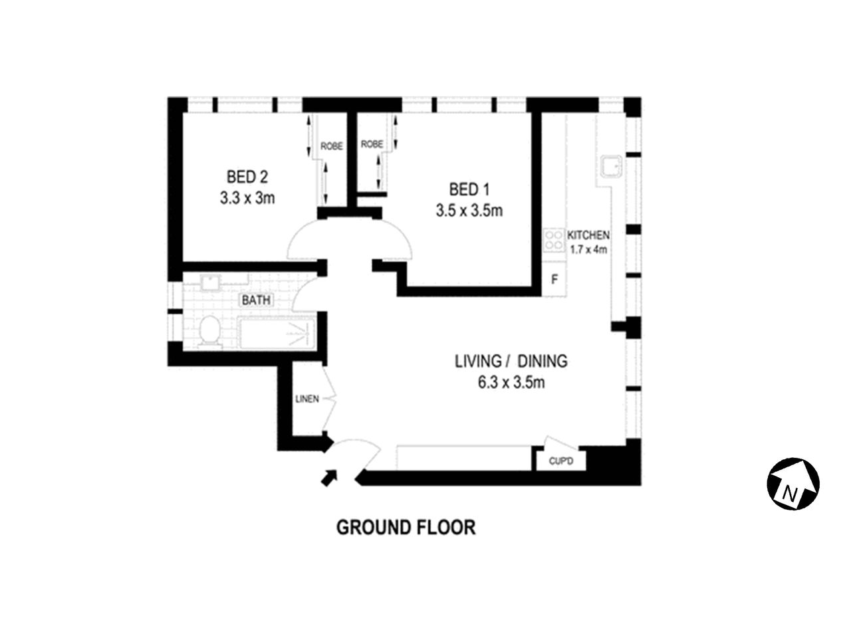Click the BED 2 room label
tap(247, 177)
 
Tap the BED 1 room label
tap(469, 190)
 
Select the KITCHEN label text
tap(588, 235)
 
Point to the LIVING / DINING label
tap(511, 362)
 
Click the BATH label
tap(256, 300)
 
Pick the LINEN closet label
tap(307, 399)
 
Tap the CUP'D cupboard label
tap(560, 461)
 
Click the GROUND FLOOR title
tap(406, 528)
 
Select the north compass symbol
tap(792, 484)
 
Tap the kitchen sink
tap(610, 166)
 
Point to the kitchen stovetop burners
tap(553, 239)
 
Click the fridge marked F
tap(554, 280)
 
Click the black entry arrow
tap(328, 477)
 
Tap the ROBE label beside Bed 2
tap(332, 146)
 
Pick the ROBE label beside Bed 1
tap(372, 144)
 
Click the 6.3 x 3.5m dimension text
tap(511, 383)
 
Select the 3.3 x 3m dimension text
tap(247, 198)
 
